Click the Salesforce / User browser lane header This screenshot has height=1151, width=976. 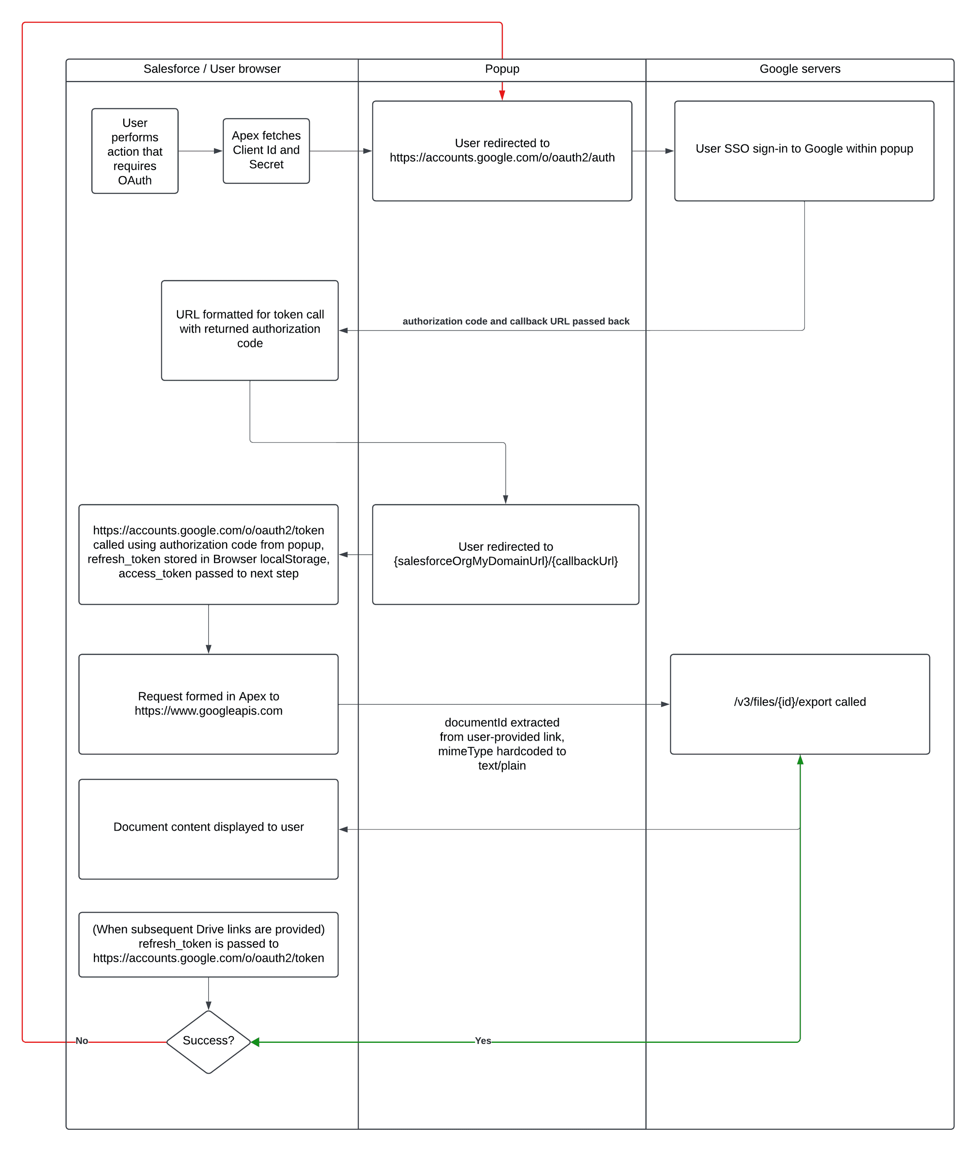coord(212,69)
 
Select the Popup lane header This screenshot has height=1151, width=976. coord(502,69)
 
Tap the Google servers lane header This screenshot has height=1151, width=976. coord(800,69)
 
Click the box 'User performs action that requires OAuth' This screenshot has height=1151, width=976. coord(135,151)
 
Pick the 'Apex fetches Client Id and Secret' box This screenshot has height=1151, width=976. coord(266,150)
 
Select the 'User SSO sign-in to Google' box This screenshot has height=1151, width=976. coord(804,150)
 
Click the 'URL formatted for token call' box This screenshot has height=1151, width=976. coord(250,330)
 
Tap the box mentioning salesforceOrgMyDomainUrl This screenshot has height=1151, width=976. coord(505,554)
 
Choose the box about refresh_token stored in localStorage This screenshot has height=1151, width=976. coord(208,554)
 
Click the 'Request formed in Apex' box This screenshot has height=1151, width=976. coord(208,704)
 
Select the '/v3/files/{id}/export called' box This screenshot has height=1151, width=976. coord(800,704)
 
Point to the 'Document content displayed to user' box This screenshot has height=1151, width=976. coord(208,828)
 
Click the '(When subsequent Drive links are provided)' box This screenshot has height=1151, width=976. coord(208,944)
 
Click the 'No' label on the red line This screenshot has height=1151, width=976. coord(82,1041)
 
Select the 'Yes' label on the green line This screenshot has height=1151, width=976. coord(482,1041)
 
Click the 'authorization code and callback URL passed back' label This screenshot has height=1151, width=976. coord(516,321)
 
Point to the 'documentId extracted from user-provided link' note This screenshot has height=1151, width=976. coord(502,744)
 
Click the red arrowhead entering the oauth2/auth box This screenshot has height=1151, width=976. coord(502,95)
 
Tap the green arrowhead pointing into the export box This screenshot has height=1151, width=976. coord(800,760)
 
